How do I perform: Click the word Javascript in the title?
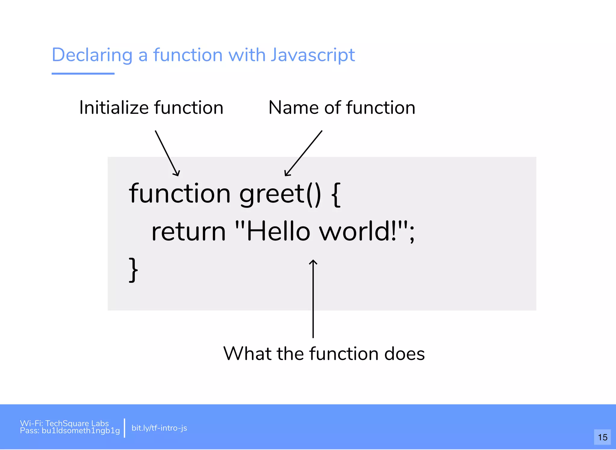pos(313,55)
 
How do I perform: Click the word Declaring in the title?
pos(92,55)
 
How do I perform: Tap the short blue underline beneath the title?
pos(83,73)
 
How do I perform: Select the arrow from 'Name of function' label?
pos(303,153)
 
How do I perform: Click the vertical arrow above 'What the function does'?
pos(313,298)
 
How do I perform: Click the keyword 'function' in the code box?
pos(180,194)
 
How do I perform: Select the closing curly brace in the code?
pos(133,269)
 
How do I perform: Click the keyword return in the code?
pos(189,232)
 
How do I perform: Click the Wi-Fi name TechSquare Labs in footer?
pos(77,423)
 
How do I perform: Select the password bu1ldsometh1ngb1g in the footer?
pos(81,431)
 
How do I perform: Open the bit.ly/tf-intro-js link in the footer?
pos(159,428)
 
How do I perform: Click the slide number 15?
pos(602,437)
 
